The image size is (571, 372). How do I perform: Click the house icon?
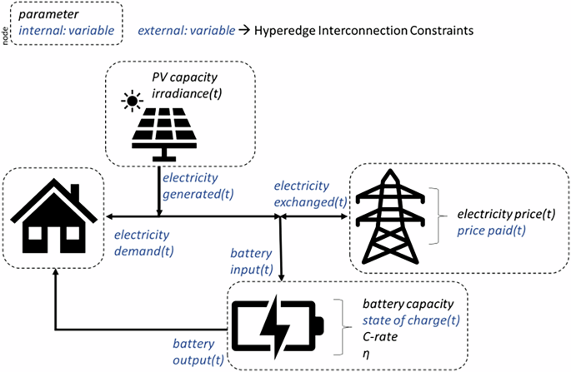[53, 216]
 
